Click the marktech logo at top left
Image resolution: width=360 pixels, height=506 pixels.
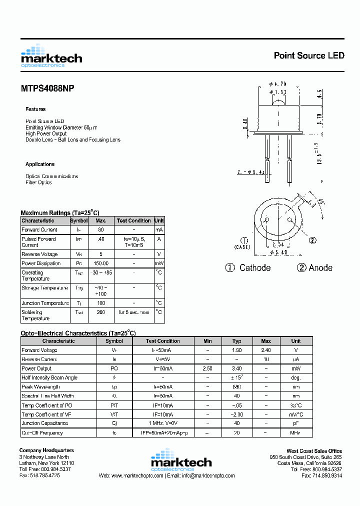[51, 56]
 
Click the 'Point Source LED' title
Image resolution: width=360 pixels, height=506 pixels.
[308, 55]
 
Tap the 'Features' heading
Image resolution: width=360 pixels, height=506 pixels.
[35, 109]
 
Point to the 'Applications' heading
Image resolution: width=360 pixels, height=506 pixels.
[40, 164]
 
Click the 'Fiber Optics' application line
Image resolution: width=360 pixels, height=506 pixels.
[38, 182]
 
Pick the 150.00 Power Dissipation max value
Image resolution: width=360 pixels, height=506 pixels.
[100, 263]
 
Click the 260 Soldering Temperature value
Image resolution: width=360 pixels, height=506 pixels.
[100, 312]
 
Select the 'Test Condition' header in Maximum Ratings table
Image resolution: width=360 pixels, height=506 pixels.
[133, 220]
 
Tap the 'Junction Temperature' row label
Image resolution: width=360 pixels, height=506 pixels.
[45, 303]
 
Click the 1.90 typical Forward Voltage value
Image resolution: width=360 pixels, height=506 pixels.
[236, 350]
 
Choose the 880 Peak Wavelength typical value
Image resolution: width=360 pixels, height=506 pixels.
[236, 387]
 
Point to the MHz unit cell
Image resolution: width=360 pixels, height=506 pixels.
[296, 433]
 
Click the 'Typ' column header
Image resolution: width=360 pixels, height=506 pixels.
[236, 341]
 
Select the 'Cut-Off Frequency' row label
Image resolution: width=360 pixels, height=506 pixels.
[42, 433]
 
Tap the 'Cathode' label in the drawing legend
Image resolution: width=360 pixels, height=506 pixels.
[254, 268]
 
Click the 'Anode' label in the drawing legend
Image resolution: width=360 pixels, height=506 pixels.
[320, 268]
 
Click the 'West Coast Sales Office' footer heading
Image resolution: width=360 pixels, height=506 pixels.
[314, 451]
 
